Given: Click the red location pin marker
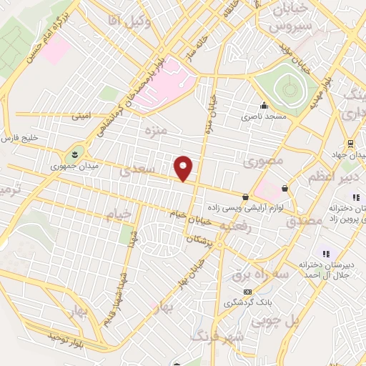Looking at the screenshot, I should (x=184, y=168).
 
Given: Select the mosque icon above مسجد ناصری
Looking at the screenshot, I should (x=263, y=104).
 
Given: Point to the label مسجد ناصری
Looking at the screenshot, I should (x=263, y=115).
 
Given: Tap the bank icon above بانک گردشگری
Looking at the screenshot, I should (x=248, y=292).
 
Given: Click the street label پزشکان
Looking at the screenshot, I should (x=199, y=241).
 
